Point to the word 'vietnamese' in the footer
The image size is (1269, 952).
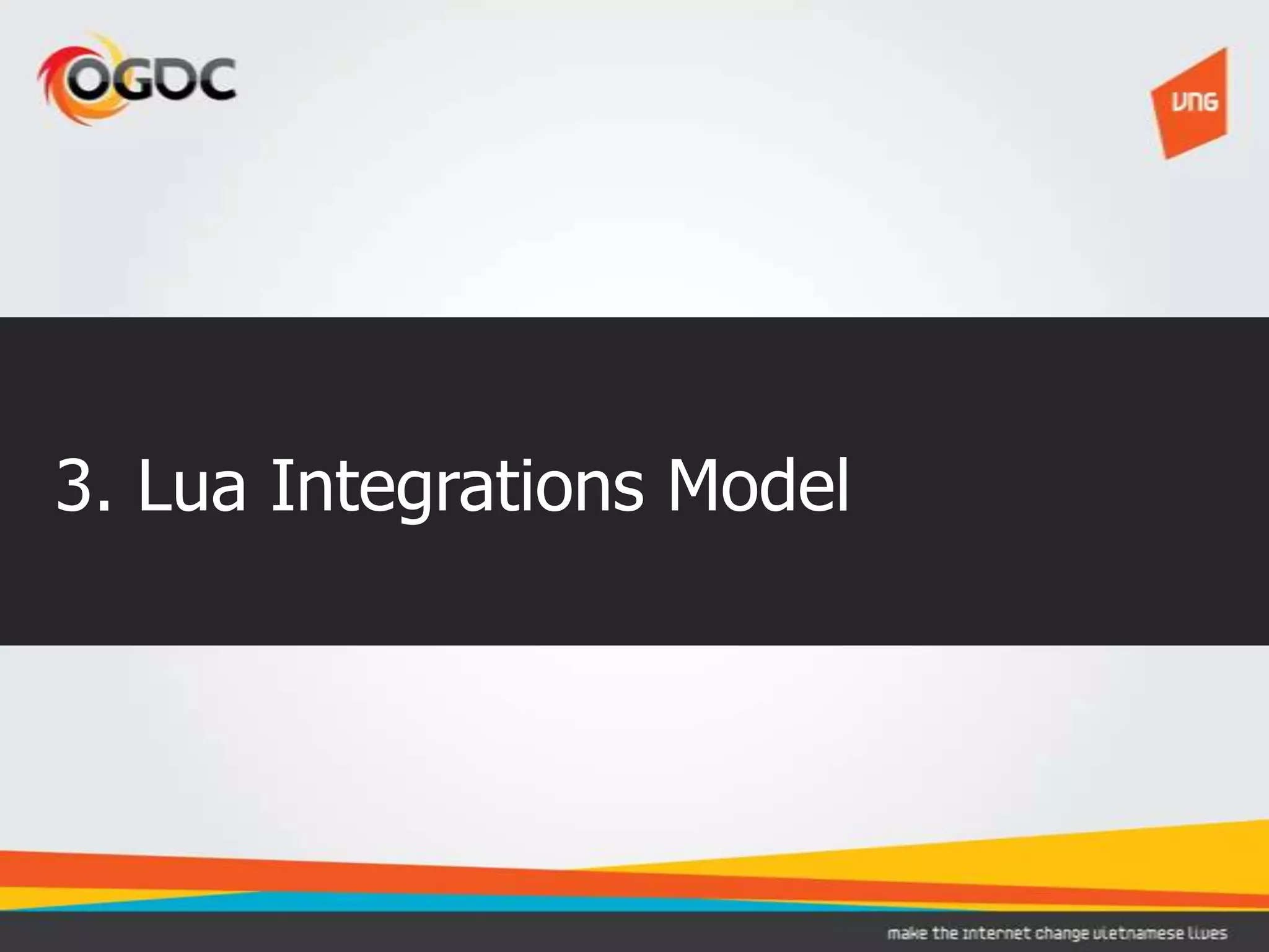pos(1141,933)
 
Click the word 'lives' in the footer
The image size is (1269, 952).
pos(1209,933)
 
